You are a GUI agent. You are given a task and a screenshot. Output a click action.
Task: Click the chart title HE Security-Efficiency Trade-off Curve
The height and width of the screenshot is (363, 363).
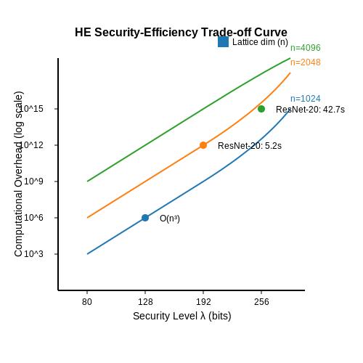[181, 32]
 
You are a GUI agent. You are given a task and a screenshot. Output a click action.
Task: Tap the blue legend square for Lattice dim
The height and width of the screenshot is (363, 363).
[223, 41]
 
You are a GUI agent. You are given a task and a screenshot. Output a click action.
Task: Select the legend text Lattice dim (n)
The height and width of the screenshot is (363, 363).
[260, 42]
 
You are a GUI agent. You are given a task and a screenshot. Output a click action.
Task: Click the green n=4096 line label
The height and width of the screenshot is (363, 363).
[306, 48]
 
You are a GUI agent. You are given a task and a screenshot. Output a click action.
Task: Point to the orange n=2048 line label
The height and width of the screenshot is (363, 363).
[306, 62]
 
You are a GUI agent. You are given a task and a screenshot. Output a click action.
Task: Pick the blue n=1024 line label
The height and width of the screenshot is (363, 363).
[306, 99]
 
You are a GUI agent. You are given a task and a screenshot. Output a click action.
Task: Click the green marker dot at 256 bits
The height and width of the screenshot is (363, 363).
[261, 109]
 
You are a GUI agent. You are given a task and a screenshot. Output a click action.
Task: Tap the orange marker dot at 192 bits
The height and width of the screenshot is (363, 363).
[203, 145]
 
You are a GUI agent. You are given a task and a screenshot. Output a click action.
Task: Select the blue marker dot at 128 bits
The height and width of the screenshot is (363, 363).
[145, 218]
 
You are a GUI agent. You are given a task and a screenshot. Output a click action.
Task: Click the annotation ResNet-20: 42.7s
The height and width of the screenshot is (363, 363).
[310, 110]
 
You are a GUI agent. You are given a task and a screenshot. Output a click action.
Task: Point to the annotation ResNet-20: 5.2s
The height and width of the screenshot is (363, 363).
[250, 146]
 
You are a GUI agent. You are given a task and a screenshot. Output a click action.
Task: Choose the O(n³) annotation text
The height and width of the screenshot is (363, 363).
[170, 219]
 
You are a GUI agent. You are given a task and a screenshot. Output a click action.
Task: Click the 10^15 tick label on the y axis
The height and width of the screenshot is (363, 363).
[31, 109]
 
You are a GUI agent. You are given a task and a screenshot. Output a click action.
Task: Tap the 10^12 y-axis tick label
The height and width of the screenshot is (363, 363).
[31, 145]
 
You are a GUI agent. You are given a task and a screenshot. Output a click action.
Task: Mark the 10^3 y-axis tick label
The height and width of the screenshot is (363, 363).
[33, 254]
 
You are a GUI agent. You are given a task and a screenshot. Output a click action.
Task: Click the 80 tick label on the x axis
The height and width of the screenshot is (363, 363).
[87, 302]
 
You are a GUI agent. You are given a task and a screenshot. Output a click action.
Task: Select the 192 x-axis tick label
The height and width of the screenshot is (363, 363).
[203, 302]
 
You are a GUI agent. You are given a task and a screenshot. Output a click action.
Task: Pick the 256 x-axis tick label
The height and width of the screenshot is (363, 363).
[261, 302]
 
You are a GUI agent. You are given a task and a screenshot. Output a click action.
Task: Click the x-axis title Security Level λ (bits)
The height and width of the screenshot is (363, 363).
[182, 316]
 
